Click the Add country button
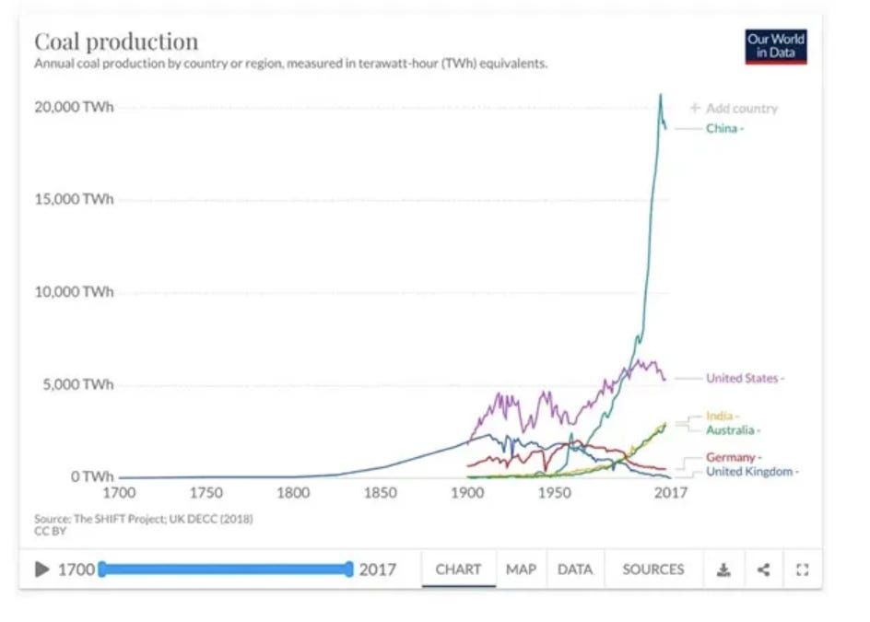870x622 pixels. [x=734, y=108]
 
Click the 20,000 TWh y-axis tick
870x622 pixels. [x=74, y=107]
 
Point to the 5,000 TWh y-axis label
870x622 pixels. [x=77, y=384]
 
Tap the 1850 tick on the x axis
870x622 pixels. [x=380, y=493]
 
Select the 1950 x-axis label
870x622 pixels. [x=554, y=493]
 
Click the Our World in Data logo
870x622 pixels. [x=776, y=47]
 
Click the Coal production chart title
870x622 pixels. [x=116, y=41]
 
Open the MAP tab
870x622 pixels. [x=521, y=569]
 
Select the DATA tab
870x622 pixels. [x=575, y=569]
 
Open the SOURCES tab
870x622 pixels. [x=653, y=569]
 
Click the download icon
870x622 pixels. [x=723, y=569]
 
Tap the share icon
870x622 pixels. [x=763, y=569]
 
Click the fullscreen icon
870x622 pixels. [x=803, y=569]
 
